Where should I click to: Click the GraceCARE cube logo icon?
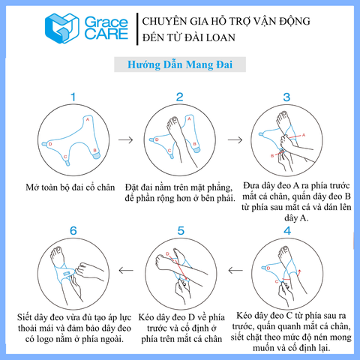(x=61, y=28)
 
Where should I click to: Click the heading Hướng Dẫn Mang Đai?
(x=180, y=64)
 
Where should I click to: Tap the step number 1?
(x=73, y=97)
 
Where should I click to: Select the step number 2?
(x=180, y=97)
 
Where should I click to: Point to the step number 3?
(x=286, y=97)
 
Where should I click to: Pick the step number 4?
(x=287, y=231)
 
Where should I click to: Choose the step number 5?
(x=181, y=231)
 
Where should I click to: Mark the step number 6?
(x=73, y=231)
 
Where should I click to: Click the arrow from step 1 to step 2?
(x=126, y=139)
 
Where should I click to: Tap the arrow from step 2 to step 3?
(x=235, y=139)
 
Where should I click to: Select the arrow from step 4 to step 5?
(x=235, y=270)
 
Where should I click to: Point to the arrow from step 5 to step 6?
(x=126, y=270)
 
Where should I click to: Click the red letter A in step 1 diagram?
(x=88, y=119)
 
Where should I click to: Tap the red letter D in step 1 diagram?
(x=50, y=144)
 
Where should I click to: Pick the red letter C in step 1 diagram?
(x=65, y=157)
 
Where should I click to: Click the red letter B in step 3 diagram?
(x=272, y=156)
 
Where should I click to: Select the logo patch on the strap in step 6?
(x=67, y=274)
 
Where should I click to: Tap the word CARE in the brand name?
(x=106, y=34)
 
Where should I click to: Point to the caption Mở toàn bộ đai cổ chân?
(x=70, y=187)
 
